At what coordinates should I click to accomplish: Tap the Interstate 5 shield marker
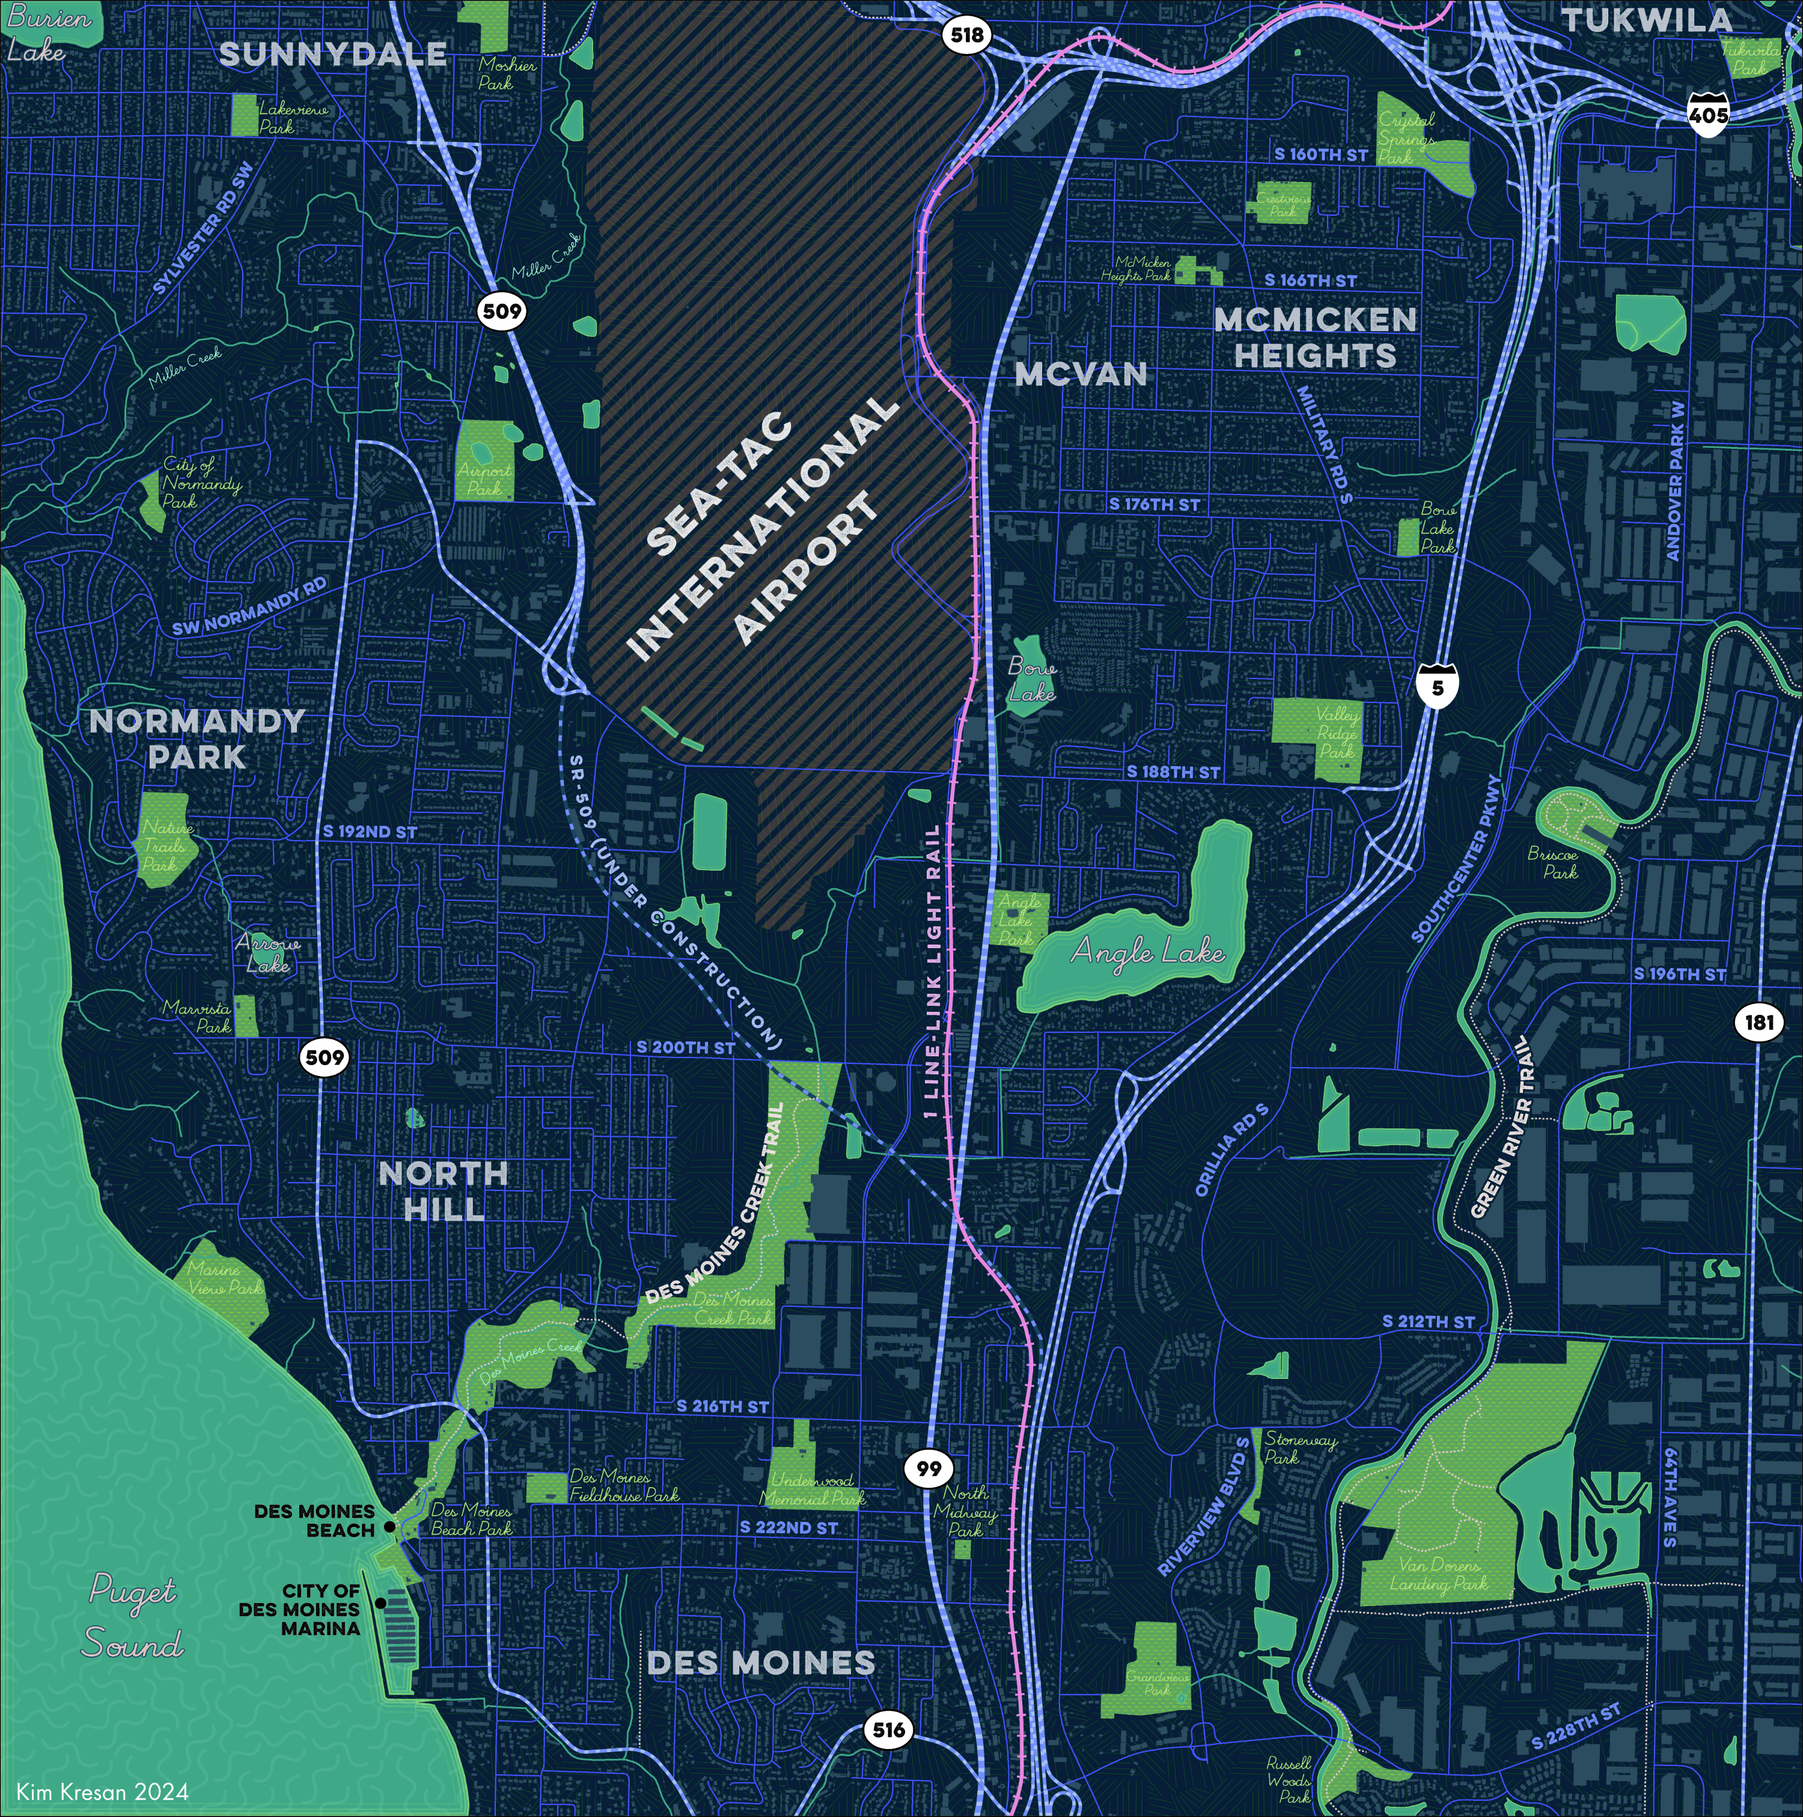[1436, 686]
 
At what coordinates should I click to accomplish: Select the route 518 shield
[966, 35]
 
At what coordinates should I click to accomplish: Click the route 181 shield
[1758, 1022]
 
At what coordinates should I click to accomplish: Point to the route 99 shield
[929, 1468]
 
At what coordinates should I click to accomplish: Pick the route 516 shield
[888, 1729]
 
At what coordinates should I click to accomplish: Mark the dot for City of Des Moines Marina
[380, 1602]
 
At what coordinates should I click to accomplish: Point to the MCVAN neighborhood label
[1081, 374]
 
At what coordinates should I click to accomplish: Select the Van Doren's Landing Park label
[1438, 1574]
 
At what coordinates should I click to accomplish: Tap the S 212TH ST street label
[1428, 1321]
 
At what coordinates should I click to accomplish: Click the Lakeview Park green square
[245, 114]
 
